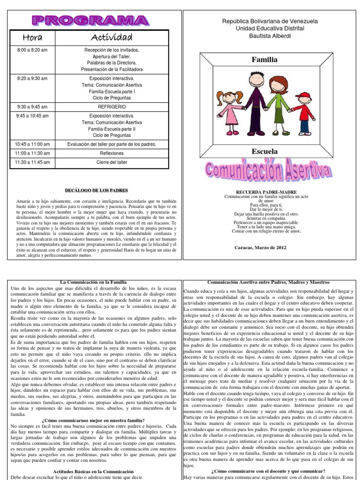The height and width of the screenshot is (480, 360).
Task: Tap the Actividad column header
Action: pyautogui.click(x=112, y=37)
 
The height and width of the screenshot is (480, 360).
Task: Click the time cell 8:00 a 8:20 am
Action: pyautogui.click(x=33, y=50)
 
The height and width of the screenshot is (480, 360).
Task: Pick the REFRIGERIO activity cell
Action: pyautogui.click(x=112, y=107)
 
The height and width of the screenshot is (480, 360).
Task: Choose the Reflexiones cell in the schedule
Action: pyautogui.click(x=112, y=153)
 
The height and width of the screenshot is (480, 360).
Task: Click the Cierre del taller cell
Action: pyautogui.click(x=112, y=162)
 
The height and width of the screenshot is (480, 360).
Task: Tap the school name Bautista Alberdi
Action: pyautogui.click(x=269, y=36)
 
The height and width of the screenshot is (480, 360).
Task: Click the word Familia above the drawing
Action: pyautogui.click(x=265, y=60)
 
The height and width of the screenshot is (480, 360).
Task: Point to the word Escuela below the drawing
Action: pyautogui.click(x=265, y=151)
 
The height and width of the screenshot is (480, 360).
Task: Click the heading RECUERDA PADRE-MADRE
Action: pyautogui.click(x=266, y=192)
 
